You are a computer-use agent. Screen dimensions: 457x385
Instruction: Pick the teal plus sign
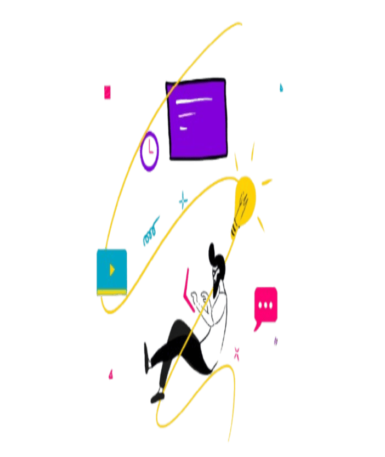click(183, 200)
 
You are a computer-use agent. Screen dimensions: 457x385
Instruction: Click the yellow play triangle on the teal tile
click(112, 269)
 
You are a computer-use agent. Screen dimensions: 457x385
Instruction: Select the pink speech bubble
click(266, 304)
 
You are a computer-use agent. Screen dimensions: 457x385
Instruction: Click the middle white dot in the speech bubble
click(266, 305)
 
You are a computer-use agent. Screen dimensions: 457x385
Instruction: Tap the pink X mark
click(237, 352)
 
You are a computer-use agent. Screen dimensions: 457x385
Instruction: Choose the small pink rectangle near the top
click(107, 92)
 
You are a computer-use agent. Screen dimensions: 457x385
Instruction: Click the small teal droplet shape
click(281, 87)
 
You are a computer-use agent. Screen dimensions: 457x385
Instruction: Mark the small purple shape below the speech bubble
click(275, 341)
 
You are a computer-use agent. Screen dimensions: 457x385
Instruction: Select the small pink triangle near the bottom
click(111, 375)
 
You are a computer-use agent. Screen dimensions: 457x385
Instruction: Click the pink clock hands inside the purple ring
click(150, 149)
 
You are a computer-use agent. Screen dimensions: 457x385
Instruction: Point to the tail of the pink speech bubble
click(256, 328)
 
